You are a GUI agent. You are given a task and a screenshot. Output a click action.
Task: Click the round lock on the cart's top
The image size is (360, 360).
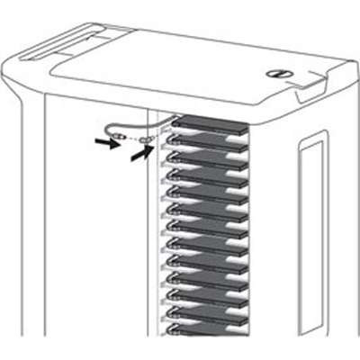(x=275, y=75)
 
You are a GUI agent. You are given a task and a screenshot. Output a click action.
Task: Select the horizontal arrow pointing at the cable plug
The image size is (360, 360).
(x=107, y=141)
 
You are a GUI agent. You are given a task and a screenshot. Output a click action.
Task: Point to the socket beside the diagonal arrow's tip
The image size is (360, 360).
(x=149, y=142)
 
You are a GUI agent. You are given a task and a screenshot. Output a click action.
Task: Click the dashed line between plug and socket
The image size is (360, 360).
(x=135, y=140)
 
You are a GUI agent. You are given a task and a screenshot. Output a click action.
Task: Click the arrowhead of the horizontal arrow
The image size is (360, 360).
(x=114, y=142)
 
